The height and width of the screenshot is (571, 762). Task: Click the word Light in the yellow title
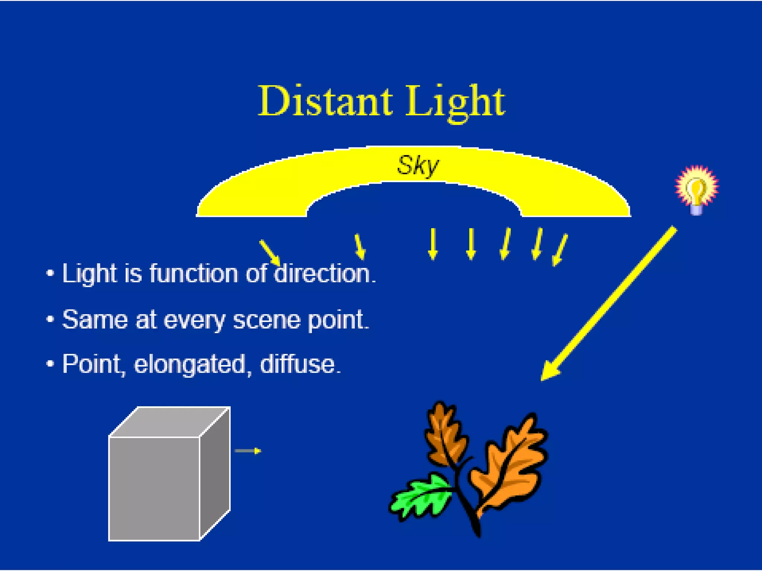(455, 101)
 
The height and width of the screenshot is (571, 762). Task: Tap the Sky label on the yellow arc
(417, 166)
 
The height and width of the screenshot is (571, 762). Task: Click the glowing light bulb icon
(697, 189)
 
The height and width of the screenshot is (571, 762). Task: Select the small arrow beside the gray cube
(248, 451)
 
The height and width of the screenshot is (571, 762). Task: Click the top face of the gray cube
(169, 422)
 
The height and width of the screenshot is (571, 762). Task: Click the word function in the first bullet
(193, 274)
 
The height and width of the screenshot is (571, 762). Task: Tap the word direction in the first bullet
(324, 274)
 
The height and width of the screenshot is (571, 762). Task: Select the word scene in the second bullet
(266, 320)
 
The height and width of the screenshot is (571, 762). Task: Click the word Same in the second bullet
(95, 320)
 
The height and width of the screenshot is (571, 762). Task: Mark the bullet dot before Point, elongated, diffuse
(50, 363)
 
